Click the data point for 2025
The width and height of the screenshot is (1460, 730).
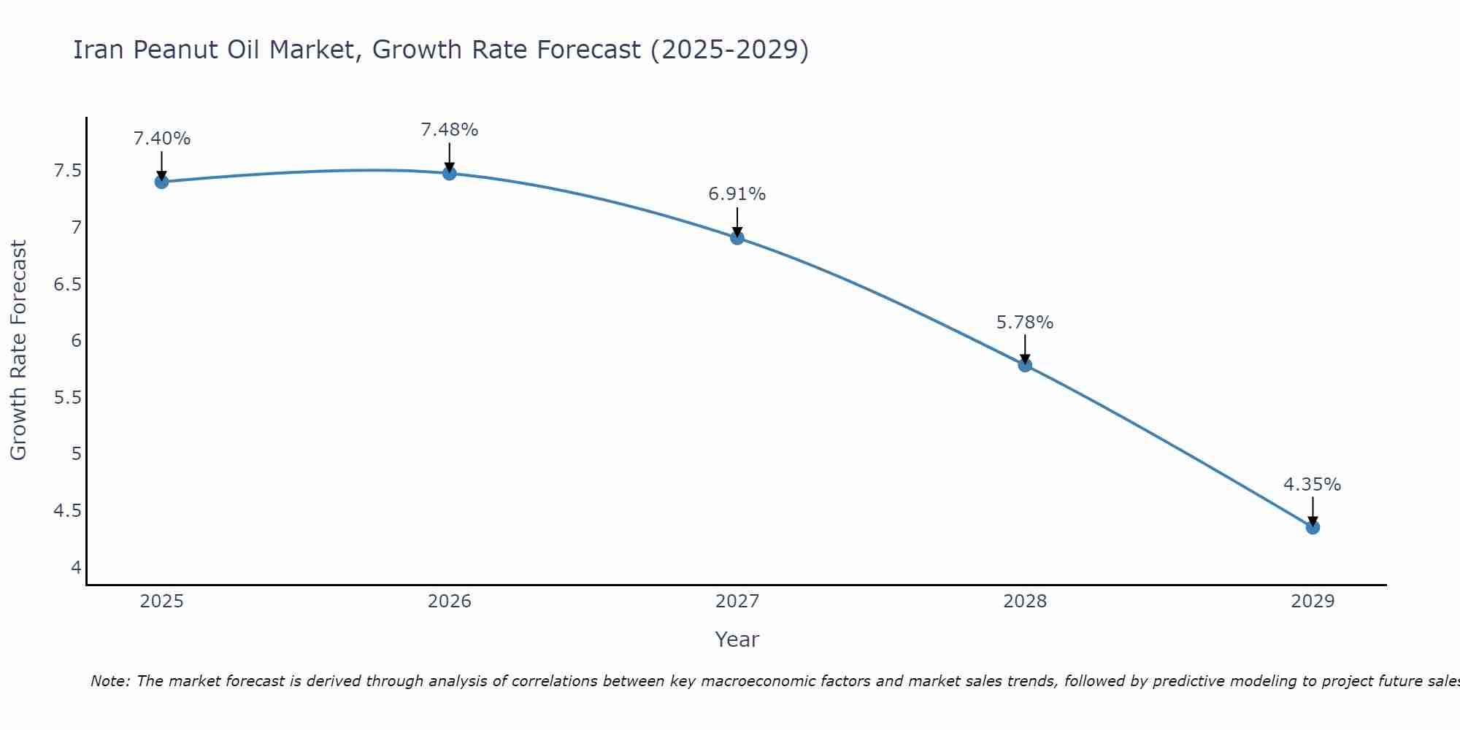coord(162,182)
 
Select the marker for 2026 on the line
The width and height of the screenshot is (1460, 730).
coord(450,173)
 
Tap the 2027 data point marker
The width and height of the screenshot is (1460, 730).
coord(737,237)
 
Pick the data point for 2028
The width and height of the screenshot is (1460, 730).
coord(1025,365)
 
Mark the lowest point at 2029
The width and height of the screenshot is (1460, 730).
coord(1313,527)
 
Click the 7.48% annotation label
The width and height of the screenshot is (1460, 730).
coord(450,130)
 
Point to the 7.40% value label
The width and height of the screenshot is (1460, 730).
coord(162,139)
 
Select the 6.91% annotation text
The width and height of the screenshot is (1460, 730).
coord(737,194)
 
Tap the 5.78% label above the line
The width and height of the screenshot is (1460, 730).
coord(1025,323)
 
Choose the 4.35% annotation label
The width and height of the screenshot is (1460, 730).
coord(1313,485)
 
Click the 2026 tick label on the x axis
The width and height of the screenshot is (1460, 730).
coord(450,602)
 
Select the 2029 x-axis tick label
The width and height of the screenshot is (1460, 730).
coord(1313,602)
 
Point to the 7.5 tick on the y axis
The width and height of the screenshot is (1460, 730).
coord(67,172)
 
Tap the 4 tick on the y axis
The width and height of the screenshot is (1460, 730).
coord(76,567)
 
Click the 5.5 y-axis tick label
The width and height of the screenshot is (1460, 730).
coord(67,398)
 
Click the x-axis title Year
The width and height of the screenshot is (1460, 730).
coord(737,639)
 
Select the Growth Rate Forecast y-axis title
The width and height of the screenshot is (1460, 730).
coord(19,350)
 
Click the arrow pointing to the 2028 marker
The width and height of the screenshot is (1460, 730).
coord(1025,348)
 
